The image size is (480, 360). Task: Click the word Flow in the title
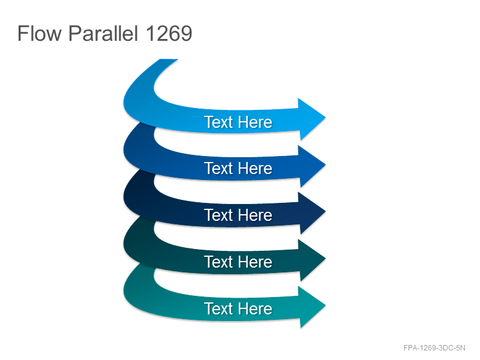click(x=40, y=33)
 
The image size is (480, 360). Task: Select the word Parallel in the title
click(x=103, y=33)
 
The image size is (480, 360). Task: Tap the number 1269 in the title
click(x=169, y=34)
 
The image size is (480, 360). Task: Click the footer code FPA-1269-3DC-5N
click(x=434, y=348)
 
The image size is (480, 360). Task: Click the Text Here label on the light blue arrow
click(x=238, y=122)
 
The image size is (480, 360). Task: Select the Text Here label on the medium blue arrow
click(x=238, y=169)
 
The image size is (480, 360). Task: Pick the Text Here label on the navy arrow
click(x=238, y=215)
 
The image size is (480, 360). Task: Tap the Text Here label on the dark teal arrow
click(x=238, y=262)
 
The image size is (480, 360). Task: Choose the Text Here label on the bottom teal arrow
click(x=238, y=308)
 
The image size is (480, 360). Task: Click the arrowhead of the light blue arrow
click(x=310, y=119)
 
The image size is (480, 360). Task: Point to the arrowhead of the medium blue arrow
click(x=310, y=166)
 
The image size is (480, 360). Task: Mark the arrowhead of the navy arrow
click(x=310, y=213)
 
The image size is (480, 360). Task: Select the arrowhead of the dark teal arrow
click(x=310, y=260)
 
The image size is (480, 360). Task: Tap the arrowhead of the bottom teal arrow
click(x=310, y=307)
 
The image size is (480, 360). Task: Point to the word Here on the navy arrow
click(x=256, y=215)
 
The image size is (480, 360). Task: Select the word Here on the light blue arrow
click(x=256, y=122)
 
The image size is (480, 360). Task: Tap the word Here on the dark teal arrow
click(x=256, y=262)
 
